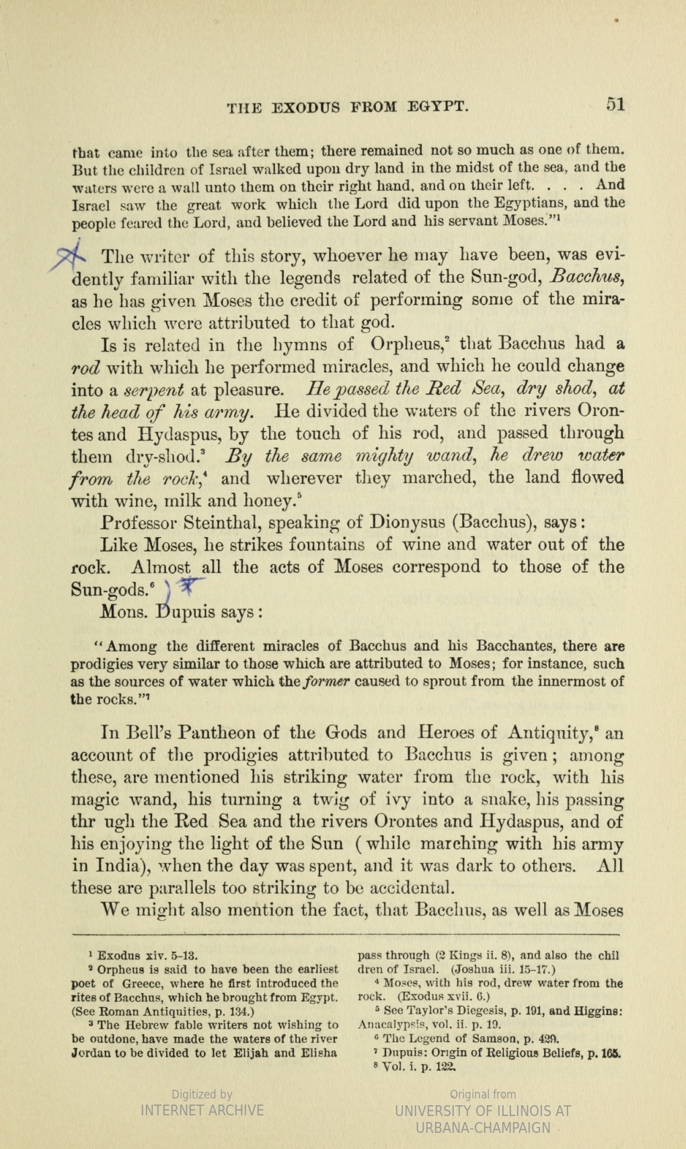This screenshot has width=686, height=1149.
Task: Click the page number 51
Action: pos(615,104)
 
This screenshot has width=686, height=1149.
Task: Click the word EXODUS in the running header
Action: pos(303,107)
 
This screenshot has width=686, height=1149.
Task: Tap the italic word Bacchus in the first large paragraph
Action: pos(586,278)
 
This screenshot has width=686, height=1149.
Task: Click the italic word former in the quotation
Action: pos(326,681)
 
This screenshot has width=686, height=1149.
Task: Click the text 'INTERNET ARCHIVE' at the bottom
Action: pos(202,1111)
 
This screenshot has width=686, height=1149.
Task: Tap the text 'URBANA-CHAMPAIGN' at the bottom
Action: pos(483,1128)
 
